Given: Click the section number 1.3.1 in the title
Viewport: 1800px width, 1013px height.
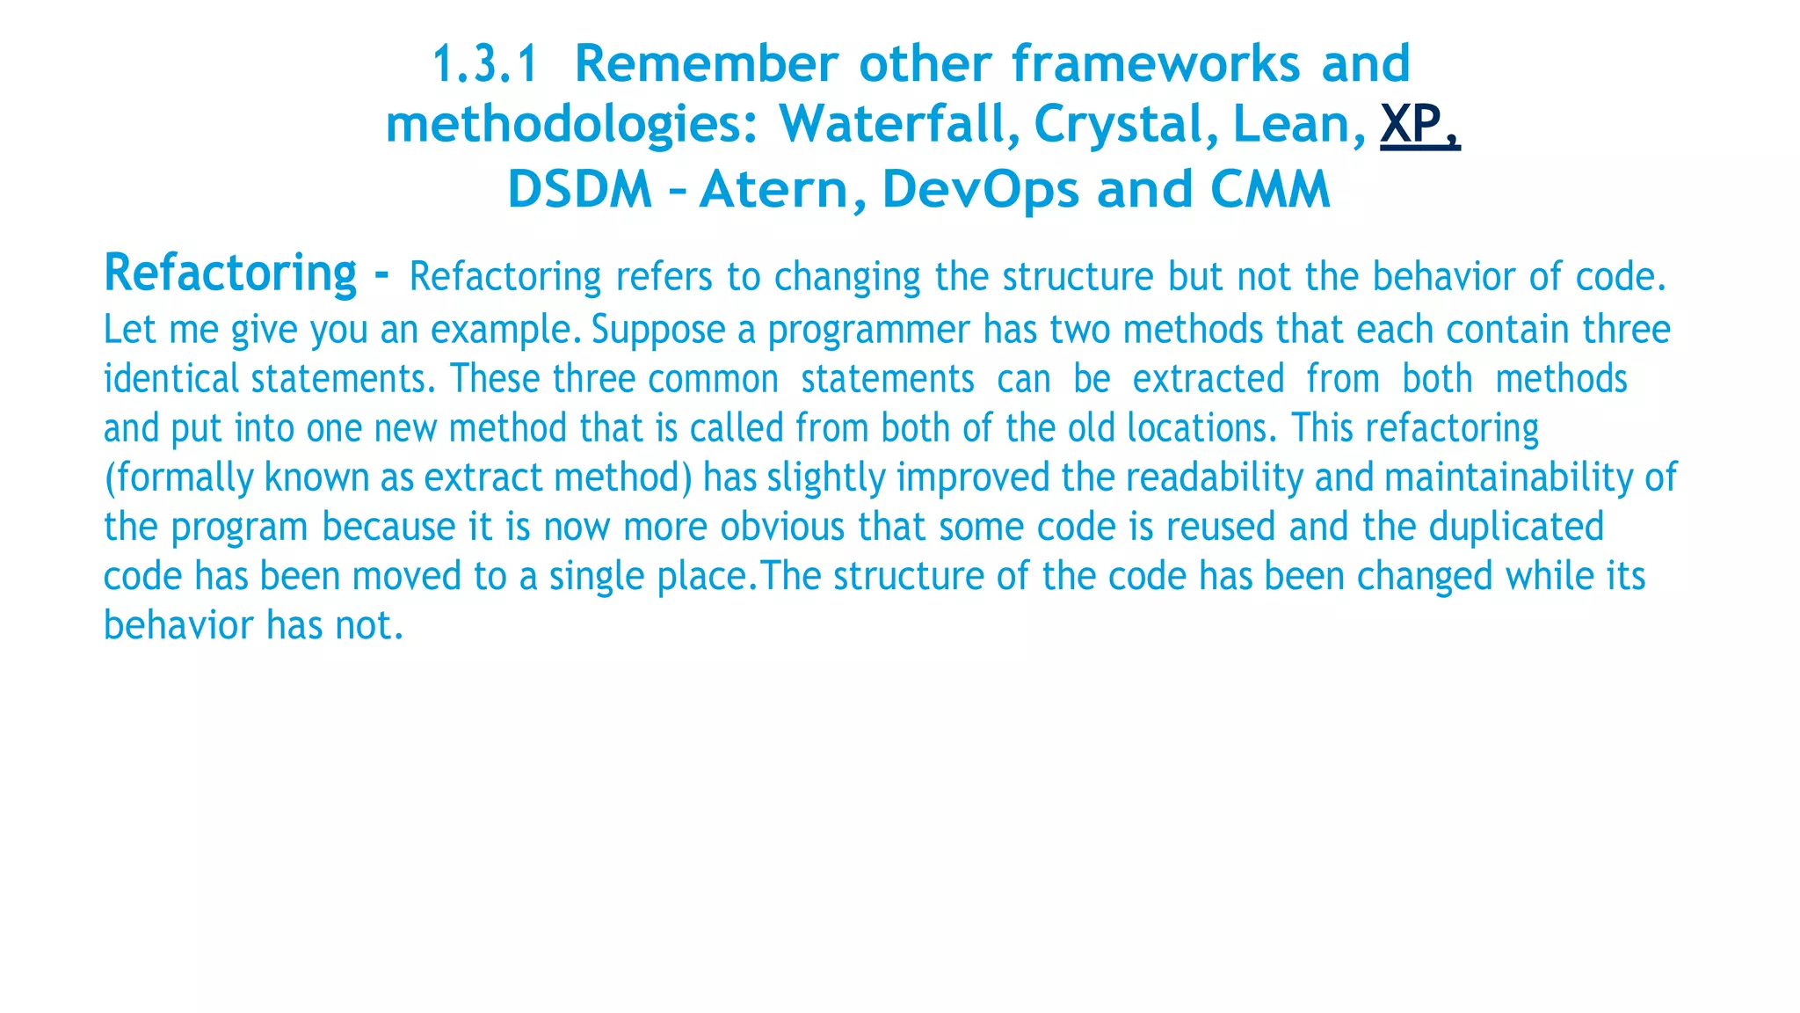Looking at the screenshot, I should [x=484, y=65].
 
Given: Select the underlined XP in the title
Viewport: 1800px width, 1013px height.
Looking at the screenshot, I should [x=1419, y=125].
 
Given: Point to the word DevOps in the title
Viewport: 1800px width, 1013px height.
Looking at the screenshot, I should [x=980, y=190].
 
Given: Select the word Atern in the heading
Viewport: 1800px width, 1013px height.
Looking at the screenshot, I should [x=773, y=190].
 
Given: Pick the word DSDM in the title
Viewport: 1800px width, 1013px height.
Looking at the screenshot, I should [x=580, y=190].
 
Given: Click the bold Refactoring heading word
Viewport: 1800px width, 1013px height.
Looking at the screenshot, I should [x=230, y=273].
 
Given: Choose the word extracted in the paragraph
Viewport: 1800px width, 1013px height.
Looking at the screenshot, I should [x=1208, y=380].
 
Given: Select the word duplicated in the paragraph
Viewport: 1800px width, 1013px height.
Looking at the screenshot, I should [x=1516, y=528].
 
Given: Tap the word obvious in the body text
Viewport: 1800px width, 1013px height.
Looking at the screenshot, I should [x=782, y=528].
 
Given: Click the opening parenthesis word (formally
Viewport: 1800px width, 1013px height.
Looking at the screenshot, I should [x=178, y=478].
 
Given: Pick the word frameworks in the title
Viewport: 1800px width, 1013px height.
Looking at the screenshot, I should [x=1155, y=65].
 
